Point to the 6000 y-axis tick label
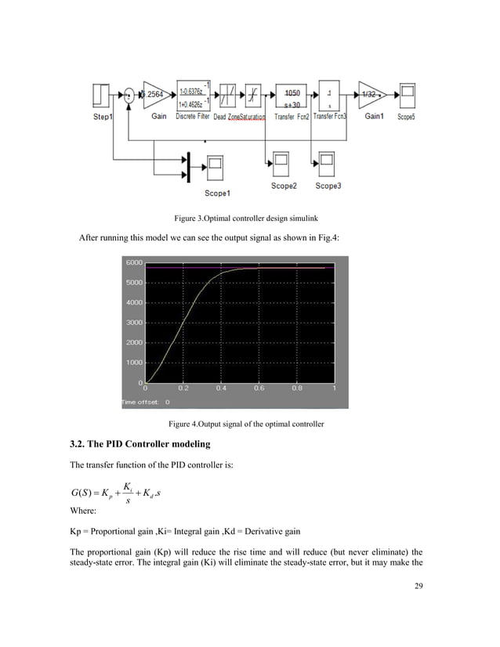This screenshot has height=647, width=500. point(133,262)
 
